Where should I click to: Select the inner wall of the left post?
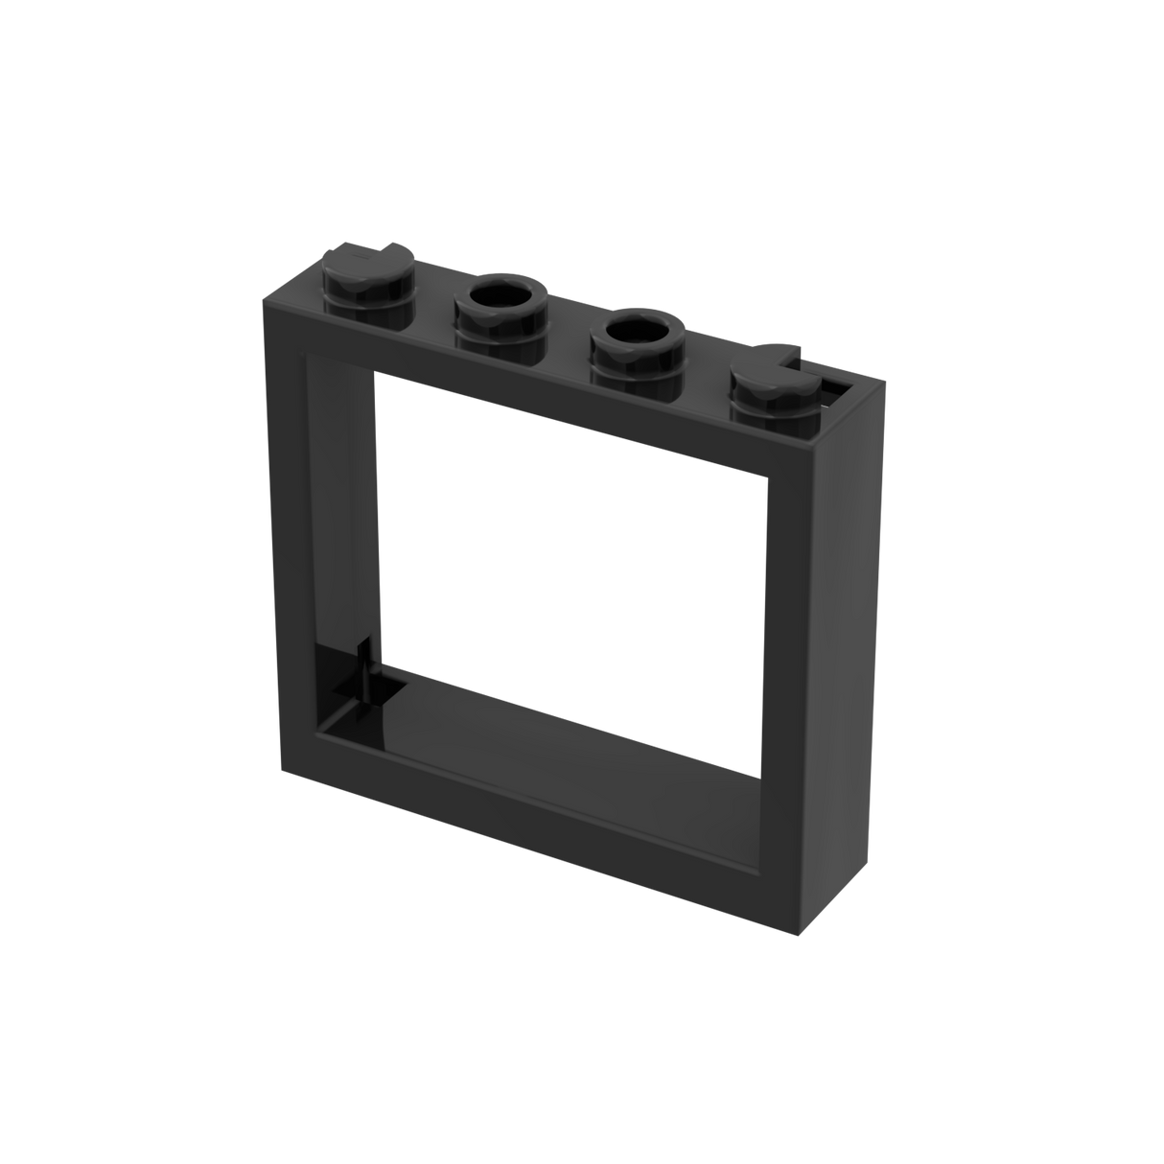click(x=340, y=527)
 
